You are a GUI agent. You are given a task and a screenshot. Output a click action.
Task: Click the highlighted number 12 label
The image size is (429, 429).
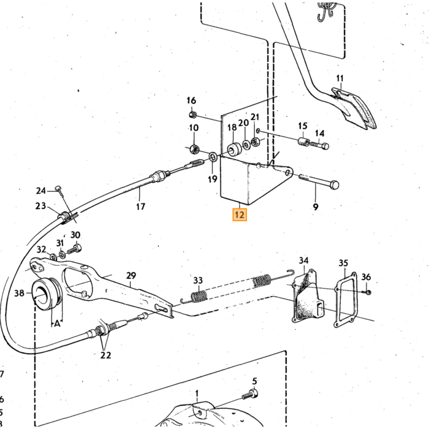tap(240, 214)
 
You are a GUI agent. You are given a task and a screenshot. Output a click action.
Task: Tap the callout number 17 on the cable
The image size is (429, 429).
tap(140, 207)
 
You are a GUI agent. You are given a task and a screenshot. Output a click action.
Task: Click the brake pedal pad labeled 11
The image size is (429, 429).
tap(354, 108)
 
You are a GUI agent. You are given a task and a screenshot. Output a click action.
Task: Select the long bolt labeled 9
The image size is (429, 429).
tap(319, 181)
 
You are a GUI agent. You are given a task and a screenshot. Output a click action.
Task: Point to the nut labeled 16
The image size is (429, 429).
tap(192, 115)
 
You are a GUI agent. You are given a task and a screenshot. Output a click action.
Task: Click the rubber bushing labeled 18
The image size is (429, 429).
tap(235, 149)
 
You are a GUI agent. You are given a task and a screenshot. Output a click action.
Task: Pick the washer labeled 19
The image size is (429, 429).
tap(213, 157)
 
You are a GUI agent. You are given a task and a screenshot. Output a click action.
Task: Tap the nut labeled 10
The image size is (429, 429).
tap(194, 150)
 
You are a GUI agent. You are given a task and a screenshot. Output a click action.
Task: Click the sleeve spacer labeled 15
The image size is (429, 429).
tap(304, 142)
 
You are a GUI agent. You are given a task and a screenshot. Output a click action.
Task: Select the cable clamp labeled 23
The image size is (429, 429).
tap(66, 217)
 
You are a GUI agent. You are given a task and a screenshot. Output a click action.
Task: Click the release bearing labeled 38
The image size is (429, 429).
tap(47, 294)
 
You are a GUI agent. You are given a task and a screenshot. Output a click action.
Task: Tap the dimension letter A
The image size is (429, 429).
tap(57, 324)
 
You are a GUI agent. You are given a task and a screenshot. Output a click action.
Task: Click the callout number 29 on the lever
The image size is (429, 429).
tap(131, 275)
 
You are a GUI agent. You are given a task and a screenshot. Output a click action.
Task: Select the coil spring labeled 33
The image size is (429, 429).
tap(199, 296)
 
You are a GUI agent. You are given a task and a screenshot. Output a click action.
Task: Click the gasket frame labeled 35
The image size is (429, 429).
tap(345, 299)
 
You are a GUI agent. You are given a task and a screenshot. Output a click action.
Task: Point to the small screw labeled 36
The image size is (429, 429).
tap(367, 292)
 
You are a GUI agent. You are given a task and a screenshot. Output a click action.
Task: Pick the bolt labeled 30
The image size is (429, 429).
tap(75, 249)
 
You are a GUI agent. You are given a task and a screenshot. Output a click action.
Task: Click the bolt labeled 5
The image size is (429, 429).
tap(250, 395)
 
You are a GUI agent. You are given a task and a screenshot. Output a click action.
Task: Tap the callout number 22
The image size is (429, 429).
tap(105, 355)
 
